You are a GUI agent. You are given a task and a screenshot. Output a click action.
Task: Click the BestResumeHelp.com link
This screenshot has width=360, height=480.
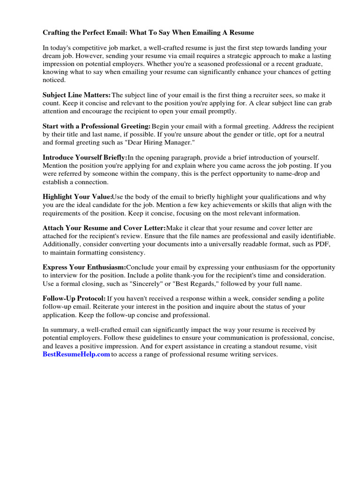(76, 355)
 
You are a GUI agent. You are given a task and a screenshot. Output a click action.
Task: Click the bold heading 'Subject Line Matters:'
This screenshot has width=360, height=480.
(77, 95)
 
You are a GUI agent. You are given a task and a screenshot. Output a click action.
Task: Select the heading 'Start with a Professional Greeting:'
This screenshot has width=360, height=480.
(97, 127)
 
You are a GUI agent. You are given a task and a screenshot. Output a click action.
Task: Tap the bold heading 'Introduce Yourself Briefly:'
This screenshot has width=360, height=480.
(85, 158)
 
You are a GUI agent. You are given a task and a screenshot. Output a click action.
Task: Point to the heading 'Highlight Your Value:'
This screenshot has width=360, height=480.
(77, 197)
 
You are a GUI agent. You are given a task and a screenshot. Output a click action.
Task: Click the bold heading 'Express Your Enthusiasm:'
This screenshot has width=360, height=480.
(84, 267)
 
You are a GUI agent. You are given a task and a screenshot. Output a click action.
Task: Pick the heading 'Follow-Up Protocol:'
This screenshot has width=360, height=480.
(74, 299)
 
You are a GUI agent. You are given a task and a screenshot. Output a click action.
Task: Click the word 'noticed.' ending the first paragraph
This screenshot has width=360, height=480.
(54, 80)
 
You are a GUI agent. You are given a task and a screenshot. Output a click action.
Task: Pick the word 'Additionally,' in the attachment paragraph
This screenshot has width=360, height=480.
(62, 245)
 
